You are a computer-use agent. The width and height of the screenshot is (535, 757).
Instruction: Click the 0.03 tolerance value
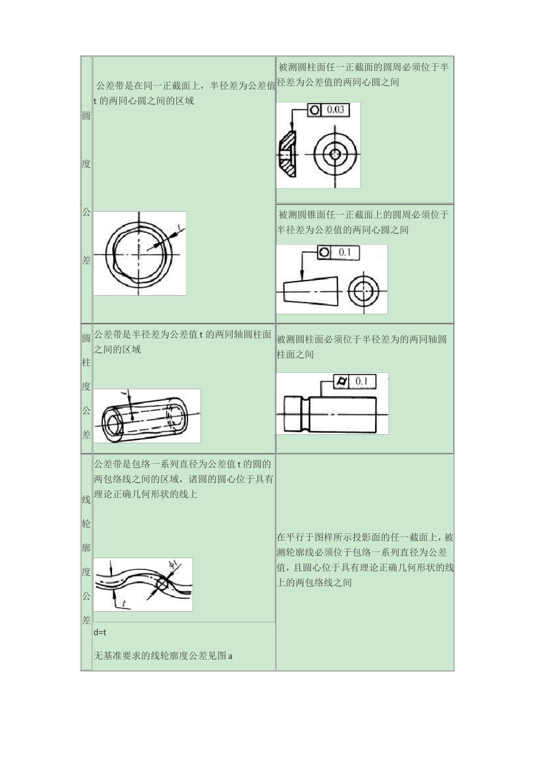point(335,109)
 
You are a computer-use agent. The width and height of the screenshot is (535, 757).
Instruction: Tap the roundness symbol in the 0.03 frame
point(314,109)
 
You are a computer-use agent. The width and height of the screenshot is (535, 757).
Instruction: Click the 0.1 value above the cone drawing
point(345,252)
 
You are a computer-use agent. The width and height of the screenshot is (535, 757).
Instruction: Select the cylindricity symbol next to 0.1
point(340,381)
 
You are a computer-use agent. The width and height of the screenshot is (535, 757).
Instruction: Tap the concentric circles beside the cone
point(360,291)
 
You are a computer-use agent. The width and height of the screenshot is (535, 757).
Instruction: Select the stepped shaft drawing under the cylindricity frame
point(330,413)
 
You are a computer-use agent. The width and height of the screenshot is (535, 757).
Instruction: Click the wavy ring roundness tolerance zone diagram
point(139,253)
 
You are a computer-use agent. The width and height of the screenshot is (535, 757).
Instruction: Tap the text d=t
point(100,632)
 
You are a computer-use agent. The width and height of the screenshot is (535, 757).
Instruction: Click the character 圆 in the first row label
point(86,116)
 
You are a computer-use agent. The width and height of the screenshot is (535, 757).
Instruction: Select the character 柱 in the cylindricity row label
point(86,363)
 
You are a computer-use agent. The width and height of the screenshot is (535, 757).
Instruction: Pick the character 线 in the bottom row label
point(86,500)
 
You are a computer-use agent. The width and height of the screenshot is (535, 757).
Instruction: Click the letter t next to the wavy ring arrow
point(178,228)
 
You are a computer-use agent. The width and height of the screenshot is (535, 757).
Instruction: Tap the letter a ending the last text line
point(230,656)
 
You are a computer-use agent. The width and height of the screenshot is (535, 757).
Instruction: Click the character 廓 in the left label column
point(86,547)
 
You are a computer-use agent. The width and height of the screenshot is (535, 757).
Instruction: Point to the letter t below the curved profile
point(122,605)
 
